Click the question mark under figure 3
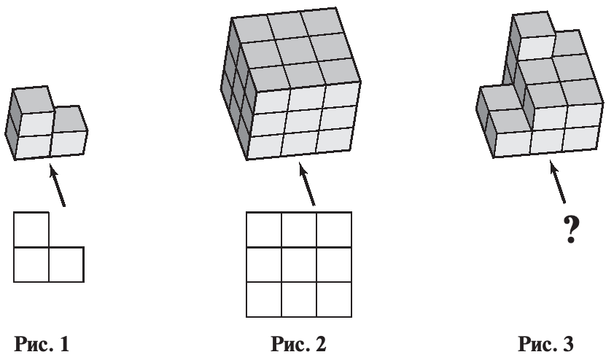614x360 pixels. coord(571,230)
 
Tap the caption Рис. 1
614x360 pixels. coord(42,344)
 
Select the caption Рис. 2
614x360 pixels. coord(298,344)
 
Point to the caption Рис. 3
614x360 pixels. coord(546,344)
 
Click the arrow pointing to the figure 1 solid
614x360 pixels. coord(57,185)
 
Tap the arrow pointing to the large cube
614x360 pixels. coord(306,184)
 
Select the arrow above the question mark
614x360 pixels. coord(557,182)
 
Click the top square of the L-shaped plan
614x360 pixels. coord(31,230)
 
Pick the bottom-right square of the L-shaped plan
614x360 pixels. coord(66,265)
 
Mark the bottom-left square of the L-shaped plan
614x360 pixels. coord(31,265)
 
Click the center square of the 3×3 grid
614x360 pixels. coord(299,265)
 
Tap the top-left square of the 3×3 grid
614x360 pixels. coord(264,230)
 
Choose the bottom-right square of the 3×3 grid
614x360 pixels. coord(334,300)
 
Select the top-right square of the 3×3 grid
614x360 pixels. coord(334,230)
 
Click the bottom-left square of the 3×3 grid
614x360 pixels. coord(264,300)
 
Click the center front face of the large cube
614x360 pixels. coord(305,121)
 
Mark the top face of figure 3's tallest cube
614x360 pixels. coord(534,25)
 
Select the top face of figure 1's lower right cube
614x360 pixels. coord(69,119)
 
